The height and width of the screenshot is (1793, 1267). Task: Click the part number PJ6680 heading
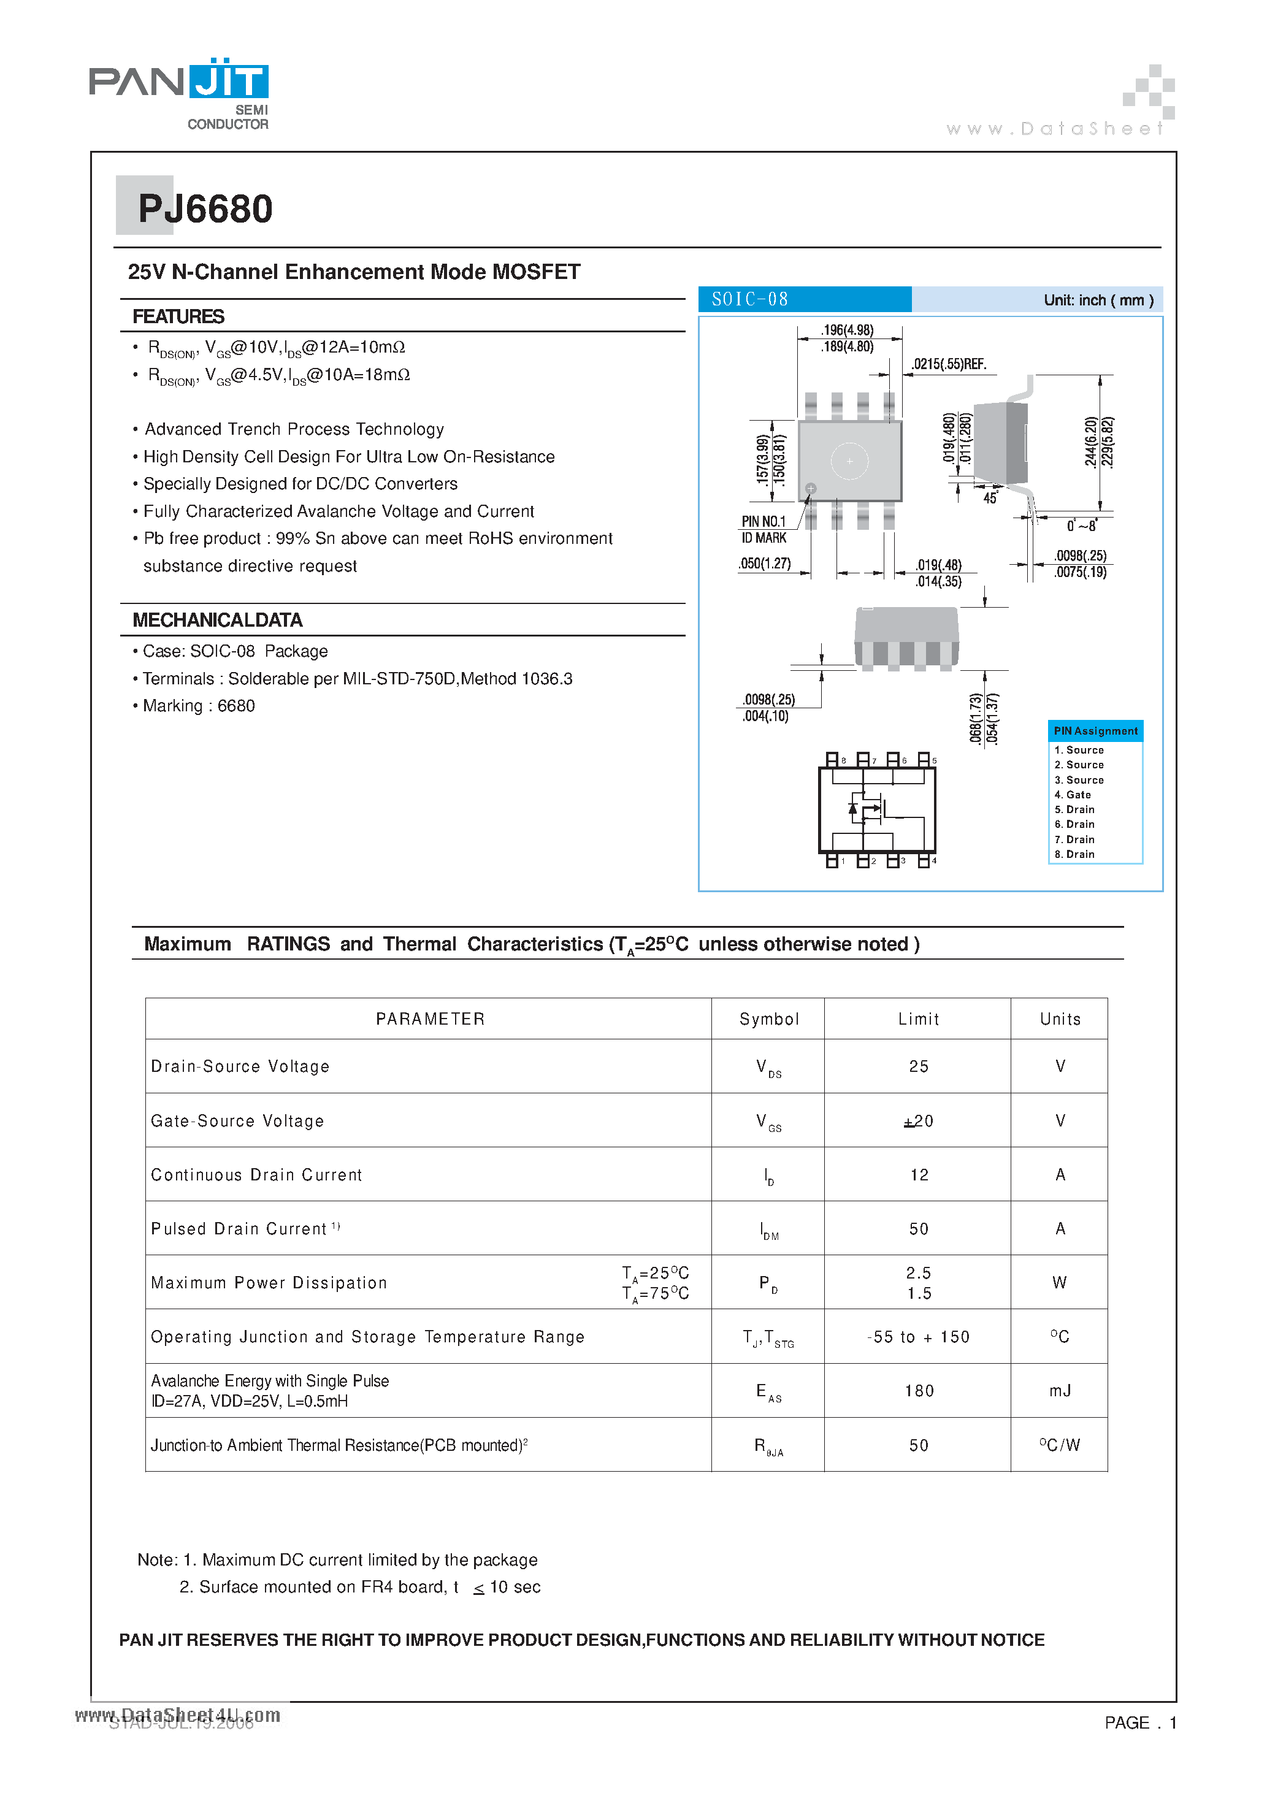click(x=205, y=208)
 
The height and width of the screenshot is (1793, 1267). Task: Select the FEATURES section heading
click(x=178, y=316)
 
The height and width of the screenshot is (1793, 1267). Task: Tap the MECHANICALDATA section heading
click(x=217, y=620)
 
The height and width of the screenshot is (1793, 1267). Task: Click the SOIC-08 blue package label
click(x=804, y=299)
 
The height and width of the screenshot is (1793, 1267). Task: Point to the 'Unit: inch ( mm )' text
click(x=1098, y=300)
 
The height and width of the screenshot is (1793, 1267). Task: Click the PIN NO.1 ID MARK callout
click(x=764, y=529)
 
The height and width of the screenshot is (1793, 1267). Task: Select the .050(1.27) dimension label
click(x=764, y=563)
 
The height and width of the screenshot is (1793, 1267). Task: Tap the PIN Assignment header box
click(x=1095, y=731)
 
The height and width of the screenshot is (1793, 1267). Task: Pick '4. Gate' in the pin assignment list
click(x=1073, y=794)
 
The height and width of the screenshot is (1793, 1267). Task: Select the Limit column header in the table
click(x=918, y=1019)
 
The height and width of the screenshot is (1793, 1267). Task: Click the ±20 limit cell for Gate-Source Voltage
click(x=918, y=1122)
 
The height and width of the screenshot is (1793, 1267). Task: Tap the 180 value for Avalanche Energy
click(x=919, y=1391)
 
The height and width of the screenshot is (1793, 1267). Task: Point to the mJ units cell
click(x=1059, y=1391)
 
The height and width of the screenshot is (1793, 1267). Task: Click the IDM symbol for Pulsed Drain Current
click(x=768, y=1231)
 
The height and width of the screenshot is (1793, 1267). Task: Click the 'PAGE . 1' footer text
click(x=1139, y=1722)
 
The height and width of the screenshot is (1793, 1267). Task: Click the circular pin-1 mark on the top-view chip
click(x=811, y=488)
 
